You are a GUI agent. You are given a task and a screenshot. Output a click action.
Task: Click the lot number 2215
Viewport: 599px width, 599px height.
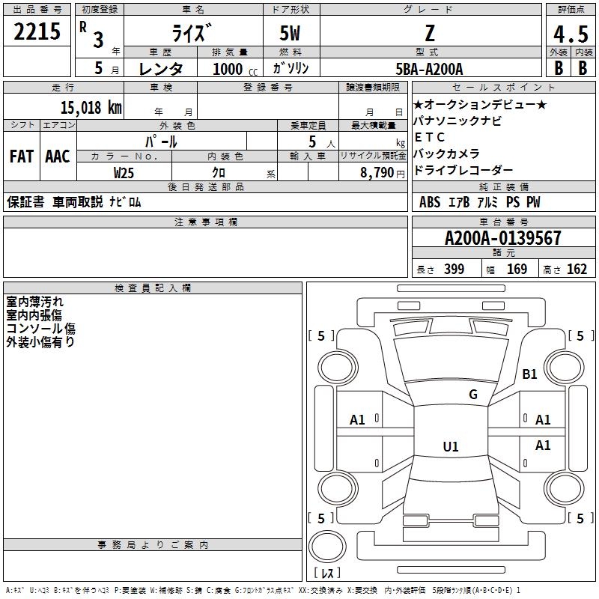37,32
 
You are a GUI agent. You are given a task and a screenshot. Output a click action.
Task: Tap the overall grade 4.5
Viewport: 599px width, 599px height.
570,34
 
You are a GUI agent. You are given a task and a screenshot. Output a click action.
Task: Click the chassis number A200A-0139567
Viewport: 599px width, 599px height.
502,239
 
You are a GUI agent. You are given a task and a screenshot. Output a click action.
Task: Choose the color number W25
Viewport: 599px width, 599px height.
124,172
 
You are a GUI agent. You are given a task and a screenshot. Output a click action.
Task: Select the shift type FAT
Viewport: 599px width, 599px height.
21,156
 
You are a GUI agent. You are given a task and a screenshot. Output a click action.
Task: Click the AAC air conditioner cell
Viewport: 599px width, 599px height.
57,156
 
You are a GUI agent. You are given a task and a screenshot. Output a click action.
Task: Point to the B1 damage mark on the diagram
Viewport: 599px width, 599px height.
530,374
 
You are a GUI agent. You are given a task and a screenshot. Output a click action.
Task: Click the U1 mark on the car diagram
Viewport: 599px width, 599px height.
450,447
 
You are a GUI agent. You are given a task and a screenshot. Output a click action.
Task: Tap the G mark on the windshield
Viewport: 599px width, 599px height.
472,395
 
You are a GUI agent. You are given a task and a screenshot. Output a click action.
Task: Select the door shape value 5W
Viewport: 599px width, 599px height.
291,34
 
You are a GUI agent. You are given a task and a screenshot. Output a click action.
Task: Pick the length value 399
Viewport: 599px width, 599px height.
454,270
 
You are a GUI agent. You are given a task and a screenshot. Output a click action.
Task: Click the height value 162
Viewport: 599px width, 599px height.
577,270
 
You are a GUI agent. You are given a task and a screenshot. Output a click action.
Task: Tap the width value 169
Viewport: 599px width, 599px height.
517,270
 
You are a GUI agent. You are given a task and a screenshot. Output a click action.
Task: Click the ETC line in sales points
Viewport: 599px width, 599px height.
430,137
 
